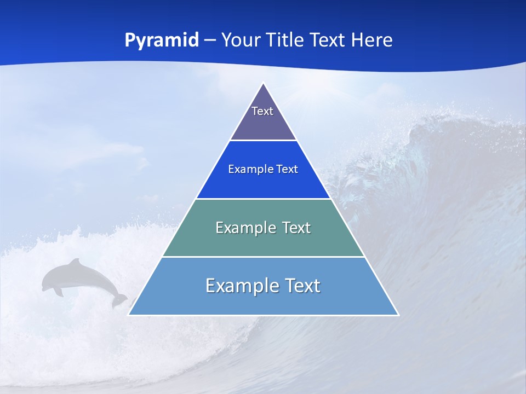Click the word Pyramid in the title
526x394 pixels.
(162, 40)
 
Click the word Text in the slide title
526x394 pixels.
(328, 40)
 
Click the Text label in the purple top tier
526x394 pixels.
(262, 111)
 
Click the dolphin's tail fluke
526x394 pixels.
(119, 300)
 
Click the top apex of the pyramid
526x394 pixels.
(264, 84)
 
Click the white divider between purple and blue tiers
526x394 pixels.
(264, 141)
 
